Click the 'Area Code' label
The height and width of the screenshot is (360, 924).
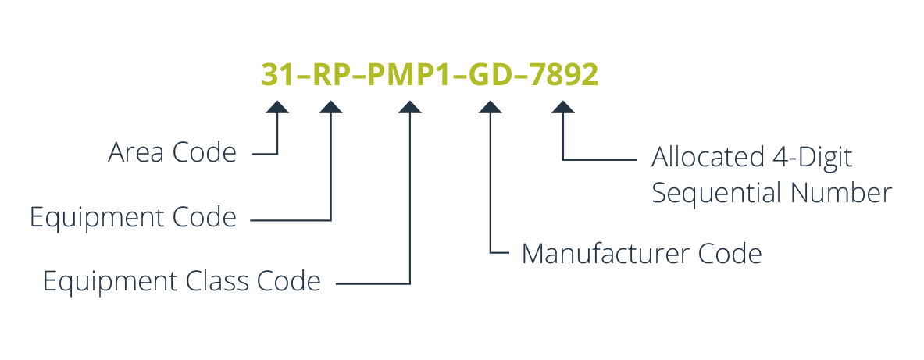[172, 153]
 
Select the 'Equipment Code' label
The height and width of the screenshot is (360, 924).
[133, 217]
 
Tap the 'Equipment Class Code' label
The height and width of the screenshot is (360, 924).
[182, 281]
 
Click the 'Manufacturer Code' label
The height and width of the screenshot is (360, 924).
[641, 254]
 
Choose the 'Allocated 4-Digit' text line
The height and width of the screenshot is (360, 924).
[751, 157]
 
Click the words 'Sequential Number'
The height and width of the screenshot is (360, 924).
[771, 192]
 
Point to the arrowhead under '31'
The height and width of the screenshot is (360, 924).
[277, 107]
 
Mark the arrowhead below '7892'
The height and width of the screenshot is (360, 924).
[563, 107]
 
